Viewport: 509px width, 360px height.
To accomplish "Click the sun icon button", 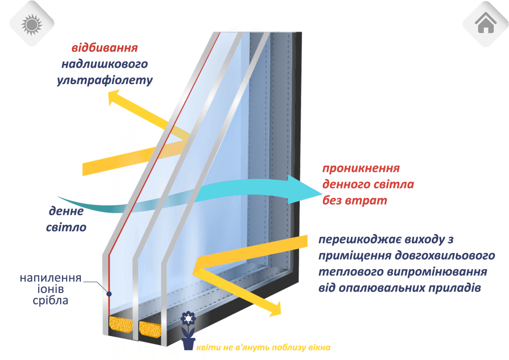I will pyautogui.click(x=31, y=23).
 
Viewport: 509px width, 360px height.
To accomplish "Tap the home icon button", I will pyautogui.click(x=485, y=23).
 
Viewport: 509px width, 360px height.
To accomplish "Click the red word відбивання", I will pyautogui.click(x=104, y=48).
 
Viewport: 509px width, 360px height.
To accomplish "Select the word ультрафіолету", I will pyautogui.click(x=105, y=81).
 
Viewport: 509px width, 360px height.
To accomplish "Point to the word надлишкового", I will pyautogui.click(x=104, y=64).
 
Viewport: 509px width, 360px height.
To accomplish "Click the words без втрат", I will pyautogui.click(x=354, y=201).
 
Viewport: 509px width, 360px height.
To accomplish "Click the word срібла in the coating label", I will pyautogui.click(x=50, y=300).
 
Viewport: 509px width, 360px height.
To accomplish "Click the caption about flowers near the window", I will pyautogui.click(x=263, y=348).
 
